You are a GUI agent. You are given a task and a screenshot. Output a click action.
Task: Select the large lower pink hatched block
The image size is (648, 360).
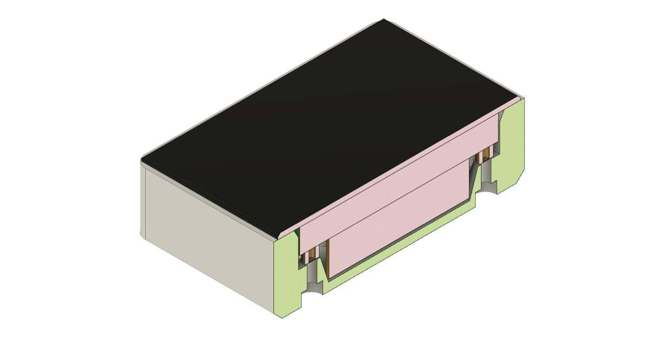pyautogui.click(x=400, y=216)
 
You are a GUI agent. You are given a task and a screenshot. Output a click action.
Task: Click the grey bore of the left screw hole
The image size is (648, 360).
pyautogui.click(x=314, y=275)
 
